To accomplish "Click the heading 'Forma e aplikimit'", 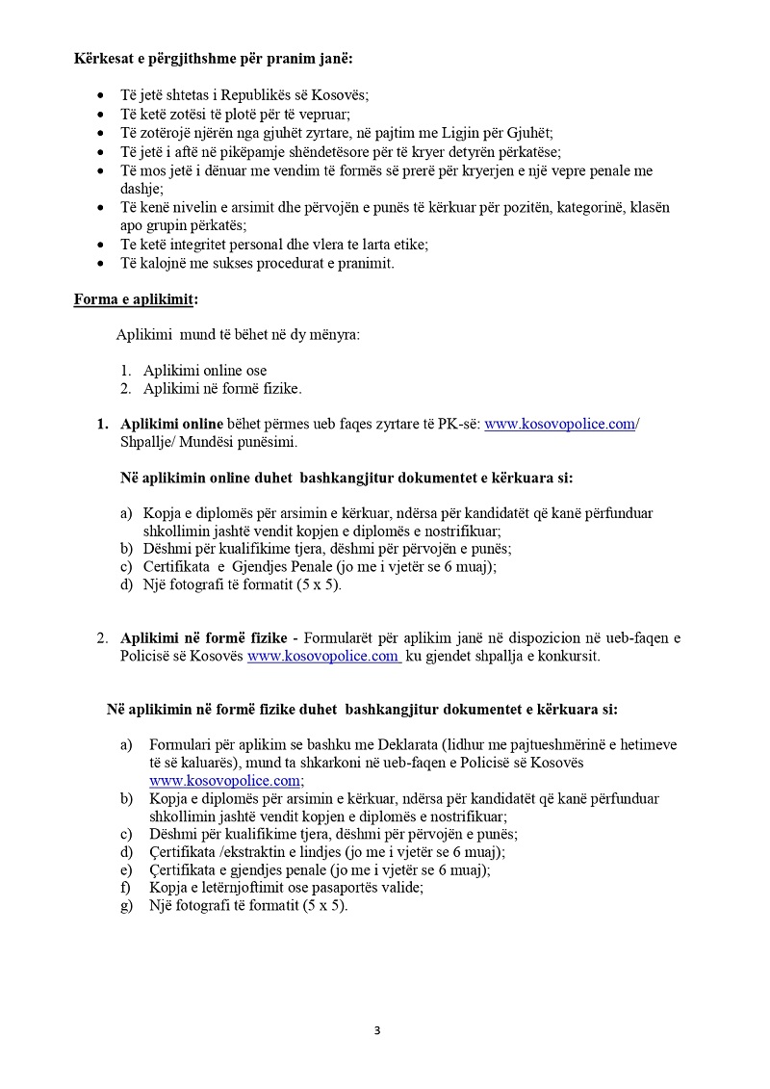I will (134, 298).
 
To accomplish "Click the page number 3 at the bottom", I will (377, 1030).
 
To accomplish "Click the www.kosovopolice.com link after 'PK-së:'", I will (559, 425).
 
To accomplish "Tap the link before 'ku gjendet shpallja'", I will (323, 656).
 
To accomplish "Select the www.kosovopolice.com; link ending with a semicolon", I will (226, 780).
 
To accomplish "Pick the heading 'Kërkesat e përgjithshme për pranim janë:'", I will (213, 59).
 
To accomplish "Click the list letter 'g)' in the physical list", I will (126, 906).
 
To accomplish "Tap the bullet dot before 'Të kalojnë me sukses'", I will (103, 263).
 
